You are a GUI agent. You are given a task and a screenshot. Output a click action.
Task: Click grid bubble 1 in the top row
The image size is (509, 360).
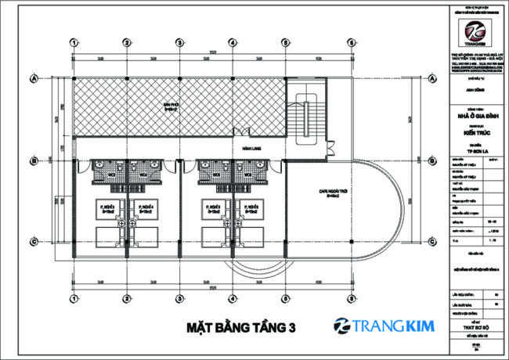point(73,42)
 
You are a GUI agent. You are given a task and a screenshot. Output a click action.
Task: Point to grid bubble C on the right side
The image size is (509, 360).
point(428,240)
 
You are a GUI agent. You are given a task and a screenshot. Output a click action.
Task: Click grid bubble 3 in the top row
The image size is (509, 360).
point(179,42)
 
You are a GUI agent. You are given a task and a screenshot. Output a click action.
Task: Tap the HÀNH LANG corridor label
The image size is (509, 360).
point(252,148)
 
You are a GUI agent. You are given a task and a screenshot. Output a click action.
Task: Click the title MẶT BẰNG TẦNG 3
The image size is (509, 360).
point(241,328)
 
